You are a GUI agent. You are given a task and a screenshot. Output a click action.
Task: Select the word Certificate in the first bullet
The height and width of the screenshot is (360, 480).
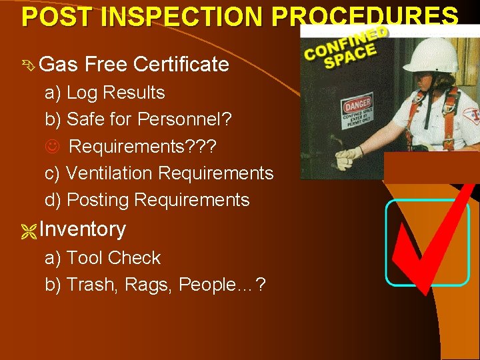point(181,65)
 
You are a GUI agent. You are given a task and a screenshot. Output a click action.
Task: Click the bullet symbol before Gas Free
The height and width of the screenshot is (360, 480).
point(29,65)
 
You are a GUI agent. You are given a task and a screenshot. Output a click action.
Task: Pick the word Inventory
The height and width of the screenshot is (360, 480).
point(83,229)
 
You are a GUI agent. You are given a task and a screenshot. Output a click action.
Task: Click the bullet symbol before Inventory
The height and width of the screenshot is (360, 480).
point(29,230)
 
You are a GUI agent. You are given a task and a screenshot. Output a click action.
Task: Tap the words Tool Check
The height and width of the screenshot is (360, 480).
point(114,258)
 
